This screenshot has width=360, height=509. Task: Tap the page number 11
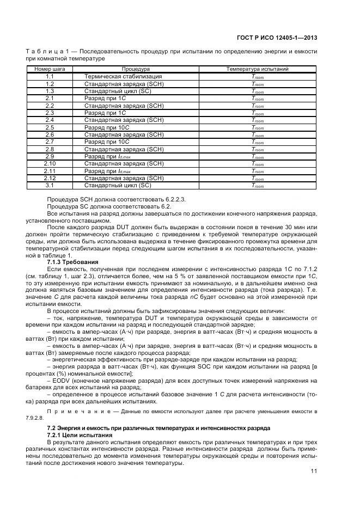[314, 471]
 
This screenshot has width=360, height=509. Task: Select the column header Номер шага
[50, 69]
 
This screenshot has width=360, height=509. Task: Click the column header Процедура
[136, 69]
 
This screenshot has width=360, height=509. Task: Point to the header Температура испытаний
[257, 69]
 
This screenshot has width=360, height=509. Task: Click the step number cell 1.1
[50, 77]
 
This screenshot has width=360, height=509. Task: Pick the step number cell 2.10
[50, 163]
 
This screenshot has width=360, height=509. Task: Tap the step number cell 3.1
[50, 185]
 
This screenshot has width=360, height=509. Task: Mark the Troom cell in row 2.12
[257, 178]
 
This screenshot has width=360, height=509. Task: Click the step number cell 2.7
[50, 142]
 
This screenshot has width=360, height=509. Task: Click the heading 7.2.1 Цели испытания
[80, 435]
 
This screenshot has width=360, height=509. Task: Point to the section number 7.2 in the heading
[52, 428]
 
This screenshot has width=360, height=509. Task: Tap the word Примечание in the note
[71, 411]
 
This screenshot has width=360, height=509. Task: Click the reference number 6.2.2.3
[173, 199]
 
